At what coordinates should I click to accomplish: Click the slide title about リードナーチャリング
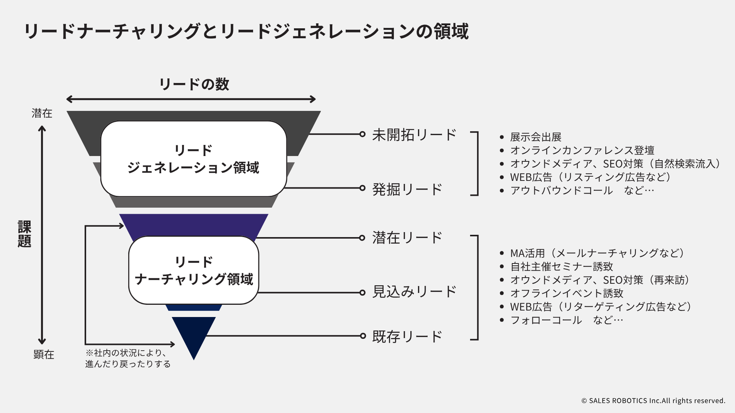point(246,31)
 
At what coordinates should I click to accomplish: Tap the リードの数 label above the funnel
point(194,84)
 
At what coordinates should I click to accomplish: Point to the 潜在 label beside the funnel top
point(42,113)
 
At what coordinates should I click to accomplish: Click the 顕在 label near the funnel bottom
point(44,354)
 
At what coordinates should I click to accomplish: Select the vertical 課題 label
point(24,234)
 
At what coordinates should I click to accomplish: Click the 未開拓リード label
point(414,135)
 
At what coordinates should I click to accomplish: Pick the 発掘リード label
point(407,189)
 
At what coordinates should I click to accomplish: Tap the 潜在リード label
point(407,238)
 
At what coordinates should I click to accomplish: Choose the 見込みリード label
point(414,292)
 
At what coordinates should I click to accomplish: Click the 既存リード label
point(407,337)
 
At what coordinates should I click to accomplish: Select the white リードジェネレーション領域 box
point(193,159)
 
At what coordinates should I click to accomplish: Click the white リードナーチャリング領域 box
point(194,270)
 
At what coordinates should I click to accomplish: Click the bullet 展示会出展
point(536,137)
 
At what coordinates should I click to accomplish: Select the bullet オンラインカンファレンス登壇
point(582,150)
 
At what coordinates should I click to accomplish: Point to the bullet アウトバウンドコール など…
point(582,190)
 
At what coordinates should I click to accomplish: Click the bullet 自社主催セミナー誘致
point(562,267)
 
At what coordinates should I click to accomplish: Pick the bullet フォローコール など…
point(567,320)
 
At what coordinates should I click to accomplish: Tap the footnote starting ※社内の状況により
point(128,358)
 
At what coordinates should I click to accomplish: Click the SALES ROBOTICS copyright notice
point(653,401)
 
